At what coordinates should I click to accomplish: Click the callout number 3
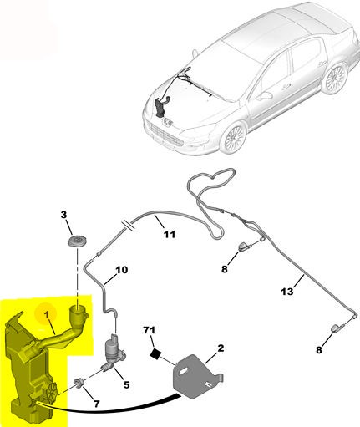(x=63, y=215)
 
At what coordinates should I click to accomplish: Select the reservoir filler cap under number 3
(x=77, y=241)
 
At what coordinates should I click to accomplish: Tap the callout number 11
(x=170, y=235)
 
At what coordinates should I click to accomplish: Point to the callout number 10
(x=121, y=270)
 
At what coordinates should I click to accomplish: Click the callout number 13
(x=287, y=292)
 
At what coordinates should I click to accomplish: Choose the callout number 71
(x=149, y=330)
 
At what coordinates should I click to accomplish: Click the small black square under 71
(x=155, y=354)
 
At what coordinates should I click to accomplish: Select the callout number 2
(x=221, y=348)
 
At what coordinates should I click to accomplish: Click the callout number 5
(x=127, y=385)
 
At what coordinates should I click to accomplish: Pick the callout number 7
(x=96, y=404)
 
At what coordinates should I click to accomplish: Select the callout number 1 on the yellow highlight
(x=47, y=315)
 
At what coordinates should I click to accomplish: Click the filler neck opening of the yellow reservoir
(x=77, y=308)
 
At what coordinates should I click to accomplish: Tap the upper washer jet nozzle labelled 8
(x=245, y=247)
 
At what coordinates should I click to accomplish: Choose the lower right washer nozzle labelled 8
(x=337, y=328)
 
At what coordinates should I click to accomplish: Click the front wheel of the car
(x=235, y=138)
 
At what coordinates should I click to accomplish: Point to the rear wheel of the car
(x=335, y=78)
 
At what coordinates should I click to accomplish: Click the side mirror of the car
(x=264, y=96)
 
